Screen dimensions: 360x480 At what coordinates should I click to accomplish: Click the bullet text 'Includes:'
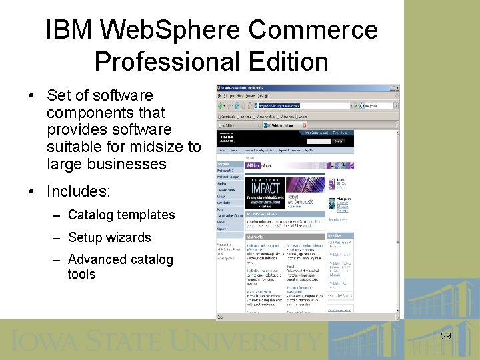pyautogui.click(x=78, y=192)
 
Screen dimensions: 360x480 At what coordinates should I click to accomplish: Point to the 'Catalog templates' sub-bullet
pyautogui.click(x=121, y=215)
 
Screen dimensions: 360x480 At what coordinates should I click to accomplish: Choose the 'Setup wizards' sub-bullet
pyautogui.click(x=109, y=237)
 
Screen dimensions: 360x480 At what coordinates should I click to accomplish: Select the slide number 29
pyautogui.click(x=446, y=336)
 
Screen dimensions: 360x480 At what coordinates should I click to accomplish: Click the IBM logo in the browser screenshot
pyautogui.click(x=227, y=138)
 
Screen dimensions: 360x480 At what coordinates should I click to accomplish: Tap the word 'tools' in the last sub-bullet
pyautogui.click(x=81, y=274)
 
